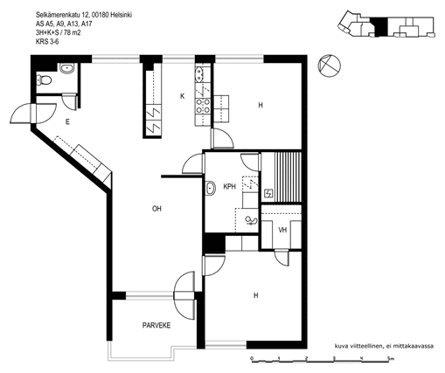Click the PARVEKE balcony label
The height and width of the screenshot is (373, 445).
coord(156,325)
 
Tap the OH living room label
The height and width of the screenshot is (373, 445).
coord(156,209)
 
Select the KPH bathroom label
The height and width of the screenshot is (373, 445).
coord(229,186)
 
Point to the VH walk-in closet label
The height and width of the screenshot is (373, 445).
coord(282,230)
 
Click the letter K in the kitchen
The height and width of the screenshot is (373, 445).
coord(183,96)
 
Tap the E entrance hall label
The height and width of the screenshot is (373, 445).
coord(67,122)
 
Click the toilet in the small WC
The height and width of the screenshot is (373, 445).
coord(44,79)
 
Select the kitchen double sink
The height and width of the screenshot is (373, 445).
coord(199,74)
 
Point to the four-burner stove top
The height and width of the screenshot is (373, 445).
coord(203,106)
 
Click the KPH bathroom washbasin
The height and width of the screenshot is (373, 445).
coord(210,188)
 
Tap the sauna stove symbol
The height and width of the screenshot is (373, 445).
coord(268,193)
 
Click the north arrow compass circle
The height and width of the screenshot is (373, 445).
coord(329,66)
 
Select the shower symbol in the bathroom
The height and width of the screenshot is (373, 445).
coord(251,221)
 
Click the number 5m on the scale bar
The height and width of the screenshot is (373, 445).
coord(390,358)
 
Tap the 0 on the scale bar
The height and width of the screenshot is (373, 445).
coord(252,358)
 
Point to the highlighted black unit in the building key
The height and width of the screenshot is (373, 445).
coord(379,27)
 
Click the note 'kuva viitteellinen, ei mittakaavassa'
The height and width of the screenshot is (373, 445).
coord(384,346)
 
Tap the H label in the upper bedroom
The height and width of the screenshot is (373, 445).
coord(261,105)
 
